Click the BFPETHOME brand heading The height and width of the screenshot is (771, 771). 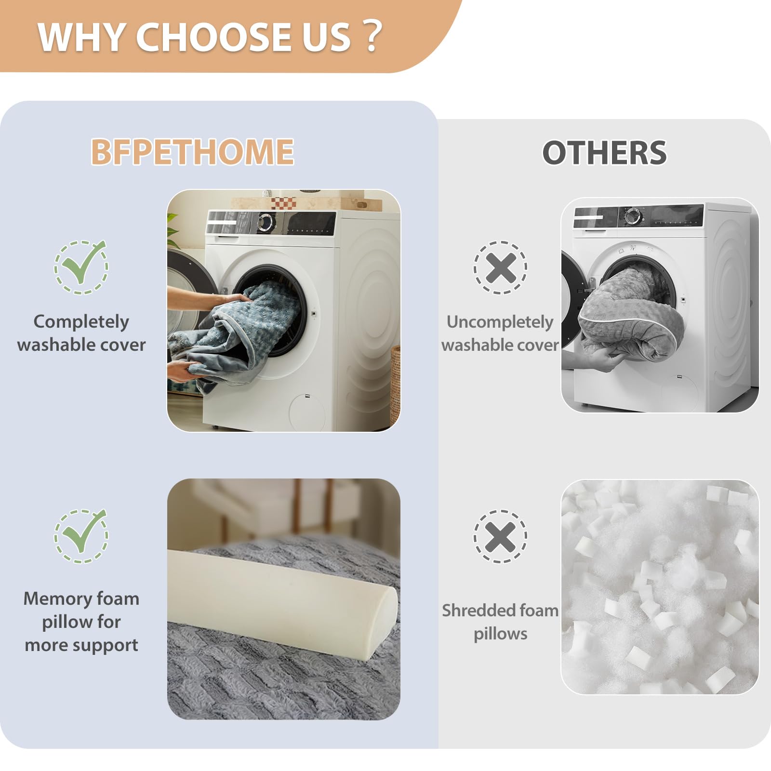(192, 152)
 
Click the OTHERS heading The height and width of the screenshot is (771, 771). (604, 153)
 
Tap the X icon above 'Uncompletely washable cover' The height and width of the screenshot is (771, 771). (501, 267)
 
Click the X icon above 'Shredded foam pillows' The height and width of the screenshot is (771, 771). (501, 536)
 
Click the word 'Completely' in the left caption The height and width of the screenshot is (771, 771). (81, 322)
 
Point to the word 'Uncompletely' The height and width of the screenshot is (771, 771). (500, 322)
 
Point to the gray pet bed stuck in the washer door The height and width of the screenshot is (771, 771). (631, 313)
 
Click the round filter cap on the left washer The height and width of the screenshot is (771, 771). (307, 412)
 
